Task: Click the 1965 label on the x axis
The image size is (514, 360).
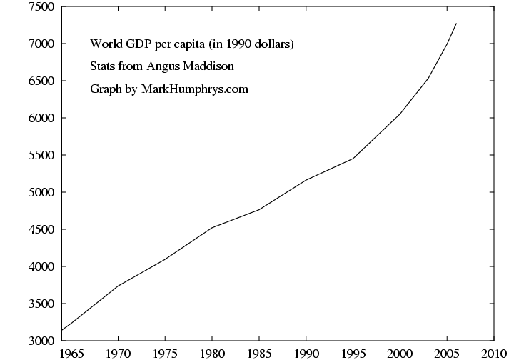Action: [71, 352]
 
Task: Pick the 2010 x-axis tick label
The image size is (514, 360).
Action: [494, 352]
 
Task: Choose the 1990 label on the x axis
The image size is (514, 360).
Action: [306, 352]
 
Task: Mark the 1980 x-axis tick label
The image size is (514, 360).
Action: [212, 352]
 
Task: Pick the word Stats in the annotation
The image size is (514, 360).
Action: [102, 67]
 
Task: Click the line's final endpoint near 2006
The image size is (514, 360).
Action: [456, 24]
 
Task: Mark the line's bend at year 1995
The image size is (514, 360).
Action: [353, 159]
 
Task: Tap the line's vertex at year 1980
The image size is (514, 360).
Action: [212, 228]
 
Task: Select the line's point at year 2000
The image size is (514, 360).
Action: [400, 114]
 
